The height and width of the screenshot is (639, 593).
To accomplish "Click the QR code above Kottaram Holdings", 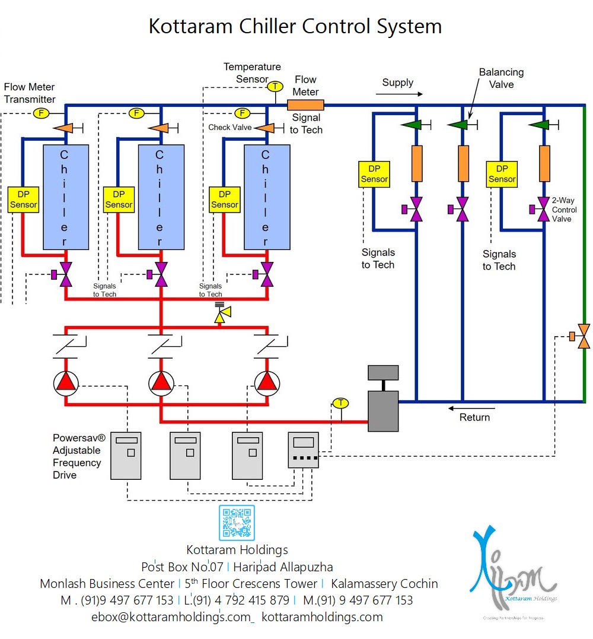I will [237, 523].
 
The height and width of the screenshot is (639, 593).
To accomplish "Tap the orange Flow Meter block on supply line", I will [305, 105].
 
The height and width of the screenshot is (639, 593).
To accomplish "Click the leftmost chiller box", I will [66, 197].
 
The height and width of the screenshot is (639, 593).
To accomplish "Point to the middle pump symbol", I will [161, 383].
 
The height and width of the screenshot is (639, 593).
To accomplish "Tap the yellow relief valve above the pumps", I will [223, 315].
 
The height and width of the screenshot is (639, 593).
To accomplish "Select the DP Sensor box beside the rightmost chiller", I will [225, 199].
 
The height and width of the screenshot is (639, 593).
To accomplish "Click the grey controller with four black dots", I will [303, 450].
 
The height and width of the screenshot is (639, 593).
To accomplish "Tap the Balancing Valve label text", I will [501, 78].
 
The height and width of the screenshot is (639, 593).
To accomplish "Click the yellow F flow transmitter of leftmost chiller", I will [42, 113].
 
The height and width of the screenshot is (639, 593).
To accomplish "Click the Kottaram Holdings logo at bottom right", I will [513, 570].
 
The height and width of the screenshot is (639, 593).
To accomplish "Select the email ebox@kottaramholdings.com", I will [171, 617].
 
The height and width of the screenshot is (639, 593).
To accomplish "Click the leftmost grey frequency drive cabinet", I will [126, 455].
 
